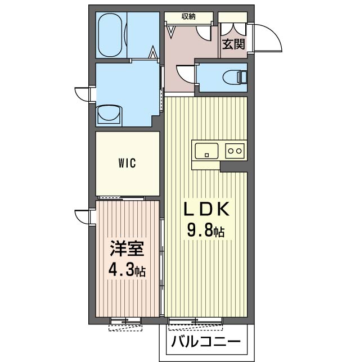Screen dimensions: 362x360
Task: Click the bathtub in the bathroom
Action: (111, 35)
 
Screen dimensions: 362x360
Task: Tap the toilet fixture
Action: (236, 77)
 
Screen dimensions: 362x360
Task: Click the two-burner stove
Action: (236, 151)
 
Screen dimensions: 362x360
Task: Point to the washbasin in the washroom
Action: (110, 114)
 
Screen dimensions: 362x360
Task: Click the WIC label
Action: (127, 163)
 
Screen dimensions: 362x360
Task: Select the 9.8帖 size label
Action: (206, 230)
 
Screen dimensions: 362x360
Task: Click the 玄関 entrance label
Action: (233, 44)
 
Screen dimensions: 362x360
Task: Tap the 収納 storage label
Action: (188, 16)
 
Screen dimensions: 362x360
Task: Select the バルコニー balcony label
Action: (205, 341)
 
